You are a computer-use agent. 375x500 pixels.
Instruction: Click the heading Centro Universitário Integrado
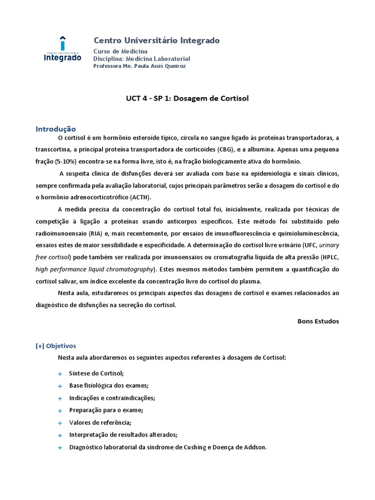156,41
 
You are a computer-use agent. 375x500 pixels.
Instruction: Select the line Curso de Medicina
120,51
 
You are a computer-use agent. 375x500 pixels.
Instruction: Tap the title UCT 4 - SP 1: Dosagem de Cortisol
187,98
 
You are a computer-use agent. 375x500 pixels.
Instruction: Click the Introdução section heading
56,129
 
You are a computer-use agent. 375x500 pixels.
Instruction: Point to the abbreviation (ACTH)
141,197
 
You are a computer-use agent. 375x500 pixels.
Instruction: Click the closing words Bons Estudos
318,321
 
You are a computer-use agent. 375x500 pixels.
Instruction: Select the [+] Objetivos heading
56,346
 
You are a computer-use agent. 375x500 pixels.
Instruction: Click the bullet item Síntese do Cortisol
96,374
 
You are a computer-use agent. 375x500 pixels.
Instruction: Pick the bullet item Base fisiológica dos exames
109,386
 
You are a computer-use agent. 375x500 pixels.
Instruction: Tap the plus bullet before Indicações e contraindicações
60,398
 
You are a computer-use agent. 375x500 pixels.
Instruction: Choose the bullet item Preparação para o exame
106,410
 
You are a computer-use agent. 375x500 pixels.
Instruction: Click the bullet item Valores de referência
100,423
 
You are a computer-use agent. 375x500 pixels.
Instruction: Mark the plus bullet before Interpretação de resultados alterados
60,435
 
